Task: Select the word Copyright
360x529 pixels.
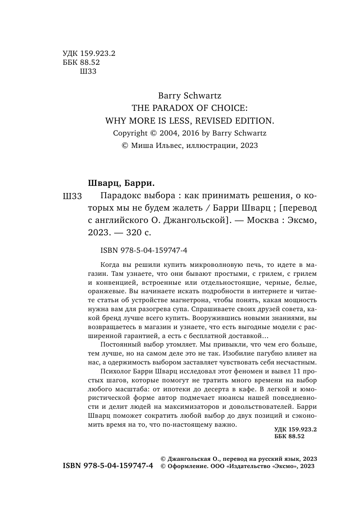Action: [130, 133]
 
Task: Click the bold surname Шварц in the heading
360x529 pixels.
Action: [105, 183]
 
